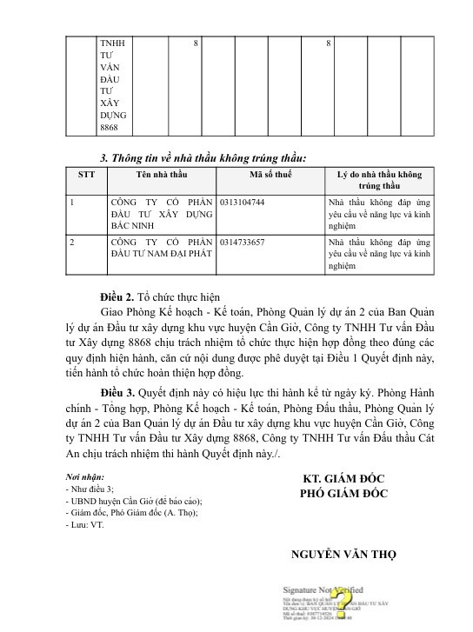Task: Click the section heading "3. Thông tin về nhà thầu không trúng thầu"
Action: click(203, 157)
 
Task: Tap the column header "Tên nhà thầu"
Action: click(160, 174)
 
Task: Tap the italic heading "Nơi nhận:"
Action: click(86, 477)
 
